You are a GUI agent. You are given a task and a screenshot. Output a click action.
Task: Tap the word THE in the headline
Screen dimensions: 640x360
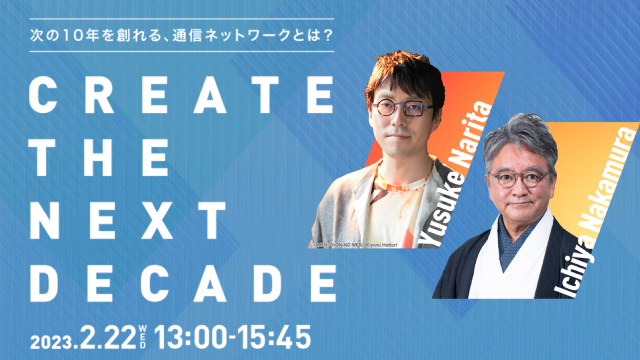click(98, 158)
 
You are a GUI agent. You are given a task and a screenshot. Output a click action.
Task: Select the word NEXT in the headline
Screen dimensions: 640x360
click(128, 220)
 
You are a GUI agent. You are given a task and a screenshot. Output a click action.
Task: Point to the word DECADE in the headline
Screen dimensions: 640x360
click(183, 284)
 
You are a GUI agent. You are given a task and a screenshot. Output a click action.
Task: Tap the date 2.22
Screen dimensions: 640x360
click(108, 337)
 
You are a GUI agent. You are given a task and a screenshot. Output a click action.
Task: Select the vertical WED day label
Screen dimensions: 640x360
click(143, 337)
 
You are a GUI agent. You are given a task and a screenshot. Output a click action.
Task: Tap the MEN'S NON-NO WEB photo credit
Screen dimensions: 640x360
click(356, 245)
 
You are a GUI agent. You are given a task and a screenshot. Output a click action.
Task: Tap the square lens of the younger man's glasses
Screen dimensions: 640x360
click(414, 108)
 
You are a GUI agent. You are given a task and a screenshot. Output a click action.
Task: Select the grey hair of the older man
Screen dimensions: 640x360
click(520, 137)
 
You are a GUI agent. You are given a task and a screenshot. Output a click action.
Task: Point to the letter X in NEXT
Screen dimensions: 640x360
click(157, 220)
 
